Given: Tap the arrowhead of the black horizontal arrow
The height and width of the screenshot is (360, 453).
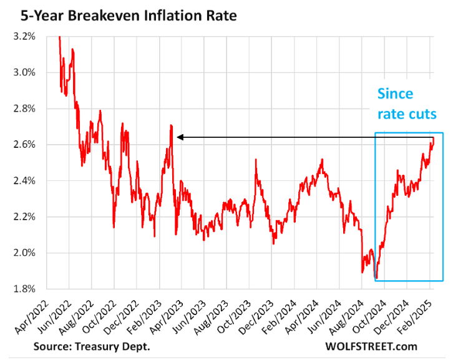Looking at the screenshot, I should [x=180, y=137].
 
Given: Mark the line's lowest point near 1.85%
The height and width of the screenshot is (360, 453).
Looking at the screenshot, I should [x=376, y=279].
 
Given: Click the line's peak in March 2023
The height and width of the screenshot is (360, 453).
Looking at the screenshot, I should [x=170, y=125].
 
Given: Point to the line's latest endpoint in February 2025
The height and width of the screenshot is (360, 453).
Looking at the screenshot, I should [x=432, y=139].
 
